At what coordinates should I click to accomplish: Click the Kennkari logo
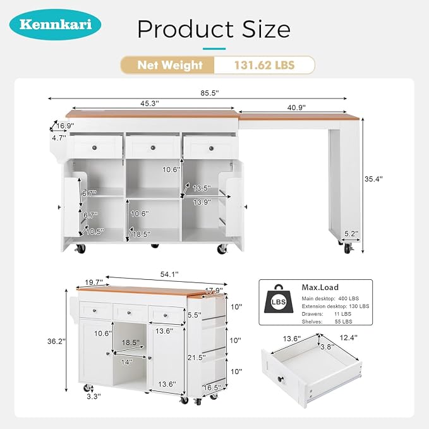[x=55, y=25]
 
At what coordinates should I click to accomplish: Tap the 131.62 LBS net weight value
[x=264, y=65]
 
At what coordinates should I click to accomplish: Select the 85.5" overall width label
[x=210, y=93]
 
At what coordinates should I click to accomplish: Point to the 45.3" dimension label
[x=150, y=104]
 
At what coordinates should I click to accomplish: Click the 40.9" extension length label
[x=296, y=107]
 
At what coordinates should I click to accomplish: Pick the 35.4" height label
[x=373, y=179]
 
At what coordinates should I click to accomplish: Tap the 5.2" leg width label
[x=351, y=234]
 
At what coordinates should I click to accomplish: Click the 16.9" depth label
[x=65, y=126]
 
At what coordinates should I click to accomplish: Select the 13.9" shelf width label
[x=202, y=202]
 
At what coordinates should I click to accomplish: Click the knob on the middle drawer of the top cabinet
[x=153, y=148]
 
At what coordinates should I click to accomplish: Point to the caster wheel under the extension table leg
[x=347, y=248]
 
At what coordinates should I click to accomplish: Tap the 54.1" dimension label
[x=169, y=274]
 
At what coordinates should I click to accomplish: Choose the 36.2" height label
[x=56, y=341]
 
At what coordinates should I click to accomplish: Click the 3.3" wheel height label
[x=94, y=396]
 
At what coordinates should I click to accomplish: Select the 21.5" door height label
[x=196, y=358]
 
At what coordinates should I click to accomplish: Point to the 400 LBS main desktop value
[x=349, y=298]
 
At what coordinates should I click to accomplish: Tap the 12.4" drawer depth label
[x=349, y=338]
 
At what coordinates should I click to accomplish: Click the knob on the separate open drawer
[x=281, y=379]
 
